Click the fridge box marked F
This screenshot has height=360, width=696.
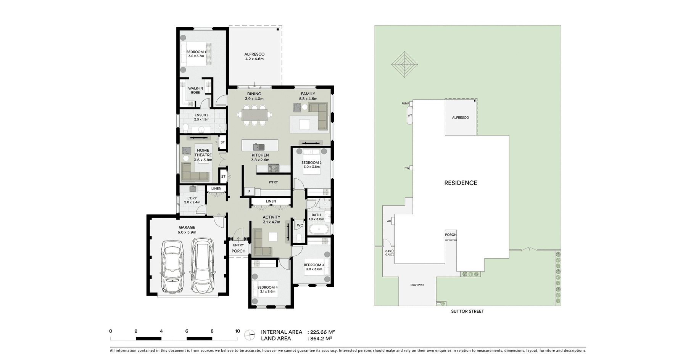click(x=250, y=191)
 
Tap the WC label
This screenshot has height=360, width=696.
click(x=300, y=225)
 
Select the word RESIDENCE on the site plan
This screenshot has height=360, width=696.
click(x=461, y=183)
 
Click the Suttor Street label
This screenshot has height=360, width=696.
click(x=467, y=311)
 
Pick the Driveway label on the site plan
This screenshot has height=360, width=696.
click(x=417, y=285)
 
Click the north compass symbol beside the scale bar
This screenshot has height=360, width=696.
click(x=250, y=335)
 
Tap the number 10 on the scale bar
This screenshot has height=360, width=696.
click(x=237, y=331)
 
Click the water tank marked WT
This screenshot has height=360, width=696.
click(x=410, y=116)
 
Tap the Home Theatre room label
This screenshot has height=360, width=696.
click(x=203, y=155)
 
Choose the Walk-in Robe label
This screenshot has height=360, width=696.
click(x=195, y=90)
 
